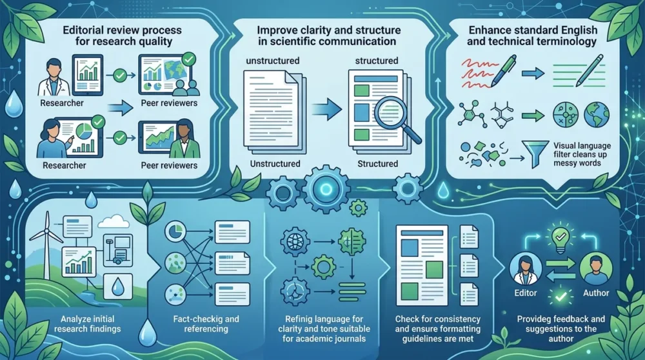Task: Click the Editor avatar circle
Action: pyautogui.click(x=525, y=268)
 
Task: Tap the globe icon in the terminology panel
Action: pyautogui.click(x=597, y=115)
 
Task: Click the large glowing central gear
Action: pyautogui.click(x=326, y=190)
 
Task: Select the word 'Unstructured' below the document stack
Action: pyautogui.click(x=275, y=164)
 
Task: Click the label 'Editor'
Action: pyautogui.click(x=525, y=293)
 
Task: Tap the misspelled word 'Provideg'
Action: pyautogui.click(x=534, y=319)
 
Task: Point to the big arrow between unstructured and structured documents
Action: pyautogui.click(x=326, y=110)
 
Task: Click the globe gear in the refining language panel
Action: pyautogui.click(x=295, y=241)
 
